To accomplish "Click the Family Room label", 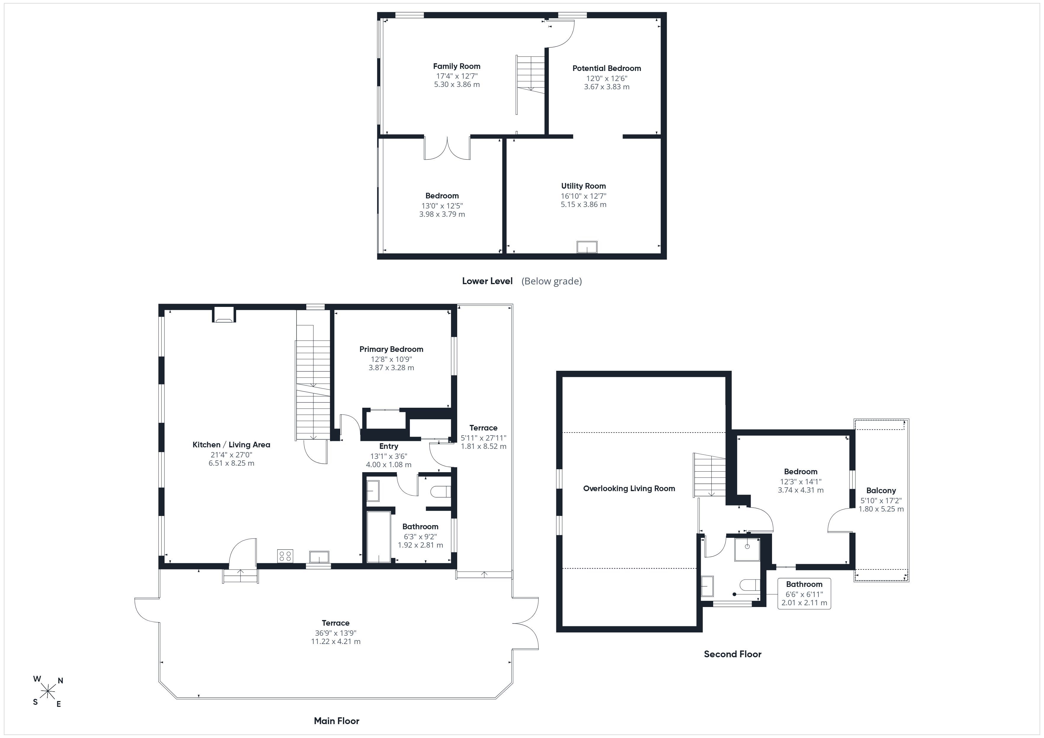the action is pos(457,66).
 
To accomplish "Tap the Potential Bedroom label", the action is pos(607,69).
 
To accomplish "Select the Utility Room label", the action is pos(583,186).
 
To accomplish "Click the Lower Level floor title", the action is pos(487,281).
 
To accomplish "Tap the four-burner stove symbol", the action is pos(285,556).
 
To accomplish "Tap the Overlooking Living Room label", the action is pos(629,488).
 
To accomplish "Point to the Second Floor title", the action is pos(732,654).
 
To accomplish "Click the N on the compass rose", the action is pos(60,681).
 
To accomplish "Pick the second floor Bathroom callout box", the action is pos(804,593).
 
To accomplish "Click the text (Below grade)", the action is pos(552,281).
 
